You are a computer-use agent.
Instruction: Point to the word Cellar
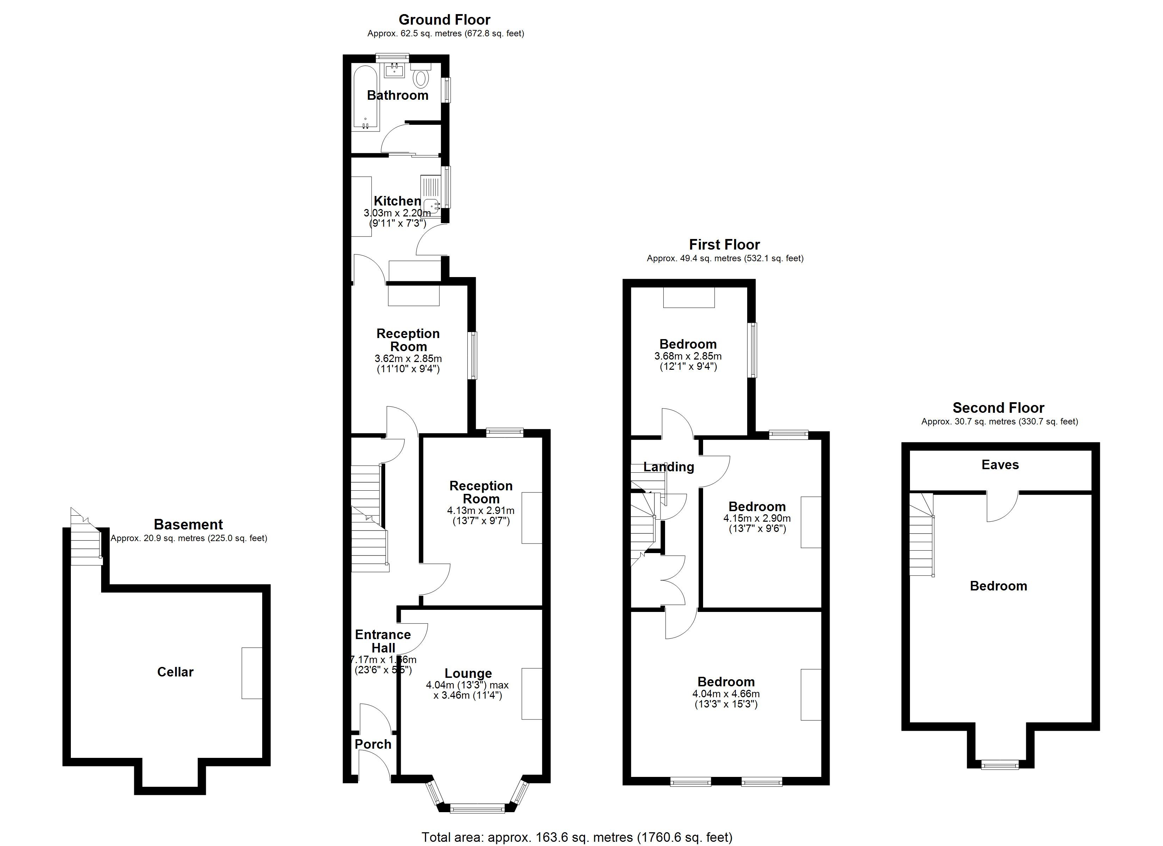(x=176, y=672)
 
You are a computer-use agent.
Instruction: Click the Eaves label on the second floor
(x=1000, y=465)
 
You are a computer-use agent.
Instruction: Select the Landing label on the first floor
(x=668, y=467)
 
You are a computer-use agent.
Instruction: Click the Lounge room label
(x=468, y=673)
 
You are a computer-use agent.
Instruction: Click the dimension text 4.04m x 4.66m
(x=726, y=694)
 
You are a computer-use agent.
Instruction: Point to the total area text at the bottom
(x=577, y=837)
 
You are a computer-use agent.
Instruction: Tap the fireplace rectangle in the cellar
(x=252, y=673)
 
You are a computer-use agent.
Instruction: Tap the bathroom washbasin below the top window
(x=395, y=70)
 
